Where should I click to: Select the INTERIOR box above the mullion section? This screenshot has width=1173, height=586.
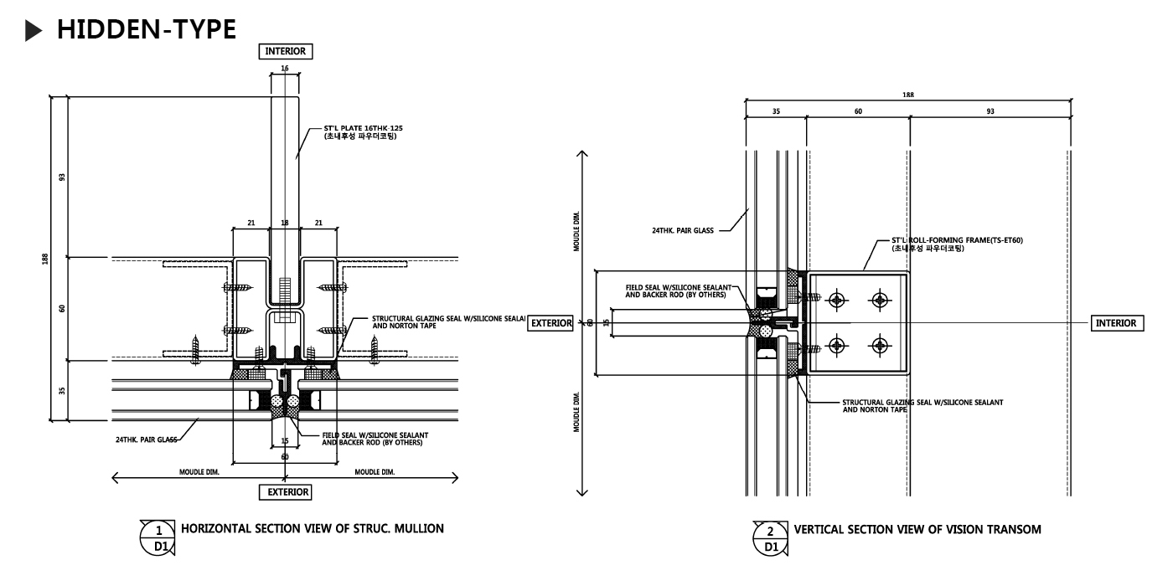pyautogui.click(x=287, y=51)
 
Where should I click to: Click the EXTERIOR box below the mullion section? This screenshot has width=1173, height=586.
pyautogui.click(x=287, y=492)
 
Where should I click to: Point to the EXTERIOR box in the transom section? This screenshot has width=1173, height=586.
pyautogui.click(x=550, y=323)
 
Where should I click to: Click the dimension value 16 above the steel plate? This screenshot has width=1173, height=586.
pyautogui.click(x=285, y=67)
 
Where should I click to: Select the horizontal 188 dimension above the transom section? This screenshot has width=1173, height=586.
pyautogui.click(x=908, y=95)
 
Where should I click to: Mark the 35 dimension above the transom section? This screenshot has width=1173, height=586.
pyautogui.click(x=775, y=111)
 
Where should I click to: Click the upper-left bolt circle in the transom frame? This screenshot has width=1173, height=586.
pyautogui.click(x=835, y=300)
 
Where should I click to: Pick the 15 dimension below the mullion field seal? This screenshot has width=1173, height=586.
pyautogui.click(x=285, y=440)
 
